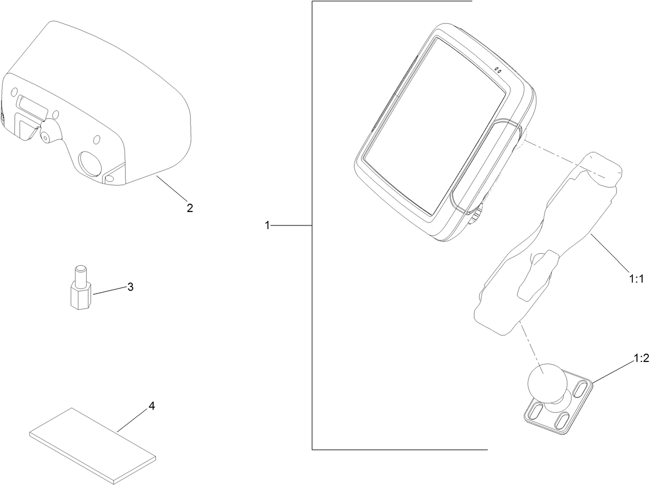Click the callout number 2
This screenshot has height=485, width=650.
point(190,208)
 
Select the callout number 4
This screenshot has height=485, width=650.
point(151,406)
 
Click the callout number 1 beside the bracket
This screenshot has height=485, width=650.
point(267,225)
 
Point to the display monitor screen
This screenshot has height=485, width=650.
point(434,124)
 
